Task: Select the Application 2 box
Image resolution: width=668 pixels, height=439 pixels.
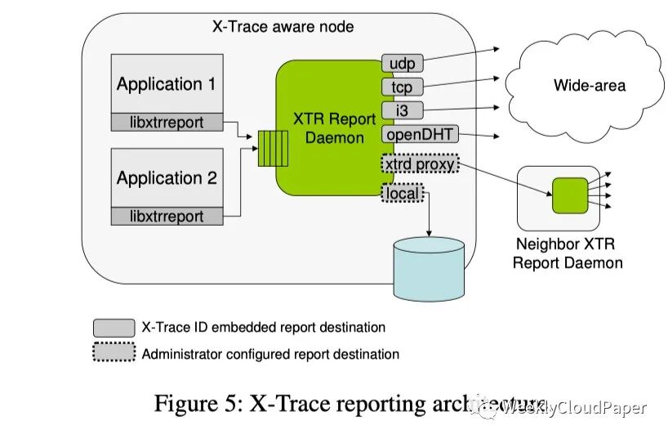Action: coord(167,177)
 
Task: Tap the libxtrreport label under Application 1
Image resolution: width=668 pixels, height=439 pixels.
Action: coord(168,123)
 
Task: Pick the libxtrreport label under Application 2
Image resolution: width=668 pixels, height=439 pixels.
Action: coord(168,217)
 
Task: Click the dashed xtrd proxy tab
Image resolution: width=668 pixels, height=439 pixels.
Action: coord(418,164)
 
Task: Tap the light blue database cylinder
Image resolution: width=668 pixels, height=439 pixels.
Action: coord(429,267)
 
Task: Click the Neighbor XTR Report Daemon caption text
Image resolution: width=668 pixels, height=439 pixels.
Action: coord(567,253)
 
